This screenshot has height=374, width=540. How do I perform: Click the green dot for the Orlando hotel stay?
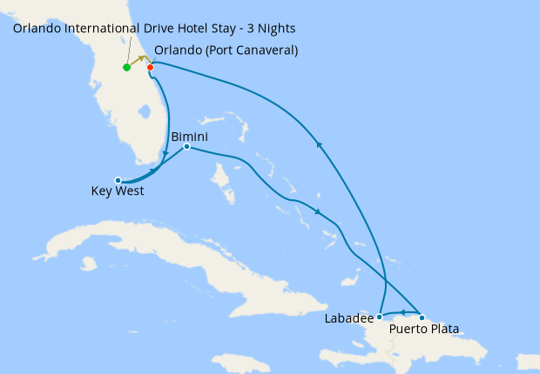tap(127, 67)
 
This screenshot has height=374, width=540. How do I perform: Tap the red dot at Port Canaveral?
tap(151, 67)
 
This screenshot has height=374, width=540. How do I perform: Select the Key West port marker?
tap(118, 180)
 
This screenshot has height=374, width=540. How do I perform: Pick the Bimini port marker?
tap(186, 147)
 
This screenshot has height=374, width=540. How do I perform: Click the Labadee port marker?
tap(380, 317)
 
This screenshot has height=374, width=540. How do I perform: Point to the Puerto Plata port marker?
tap(422, 317)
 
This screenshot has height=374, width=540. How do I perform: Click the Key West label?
tap(118, 191)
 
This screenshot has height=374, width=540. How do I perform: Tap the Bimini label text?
tap(189, 136)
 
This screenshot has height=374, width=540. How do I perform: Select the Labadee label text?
tap(348, 317)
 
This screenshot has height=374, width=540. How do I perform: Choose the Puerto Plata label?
tap(424, 329)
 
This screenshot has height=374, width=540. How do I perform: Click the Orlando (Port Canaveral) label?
tap(226, 50)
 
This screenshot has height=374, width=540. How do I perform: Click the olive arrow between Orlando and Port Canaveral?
tap(139, 60)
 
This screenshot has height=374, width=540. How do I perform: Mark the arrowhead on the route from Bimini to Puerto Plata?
tap(318, 211)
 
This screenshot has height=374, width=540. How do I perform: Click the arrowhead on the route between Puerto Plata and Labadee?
tap(402, 312)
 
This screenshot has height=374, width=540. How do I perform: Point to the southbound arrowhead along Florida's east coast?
tap(165, 153)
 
